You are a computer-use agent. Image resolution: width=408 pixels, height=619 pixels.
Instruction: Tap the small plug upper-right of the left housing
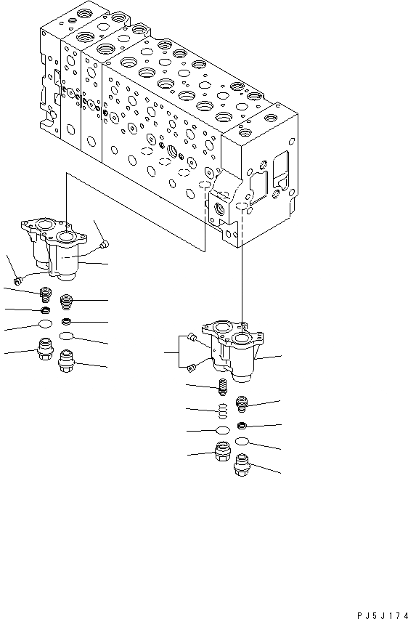(x=103, y=243)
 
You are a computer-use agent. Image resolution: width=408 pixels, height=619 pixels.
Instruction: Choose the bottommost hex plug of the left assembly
(x=68, y=358)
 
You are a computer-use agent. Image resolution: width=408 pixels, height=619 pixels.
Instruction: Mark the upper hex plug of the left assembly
(x=45, y=348)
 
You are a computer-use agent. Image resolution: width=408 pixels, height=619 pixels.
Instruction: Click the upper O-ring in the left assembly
(x=45, y=325)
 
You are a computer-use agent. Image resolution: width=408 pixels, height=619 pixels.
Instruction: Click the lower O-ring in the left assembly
(x=67, y=336)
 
